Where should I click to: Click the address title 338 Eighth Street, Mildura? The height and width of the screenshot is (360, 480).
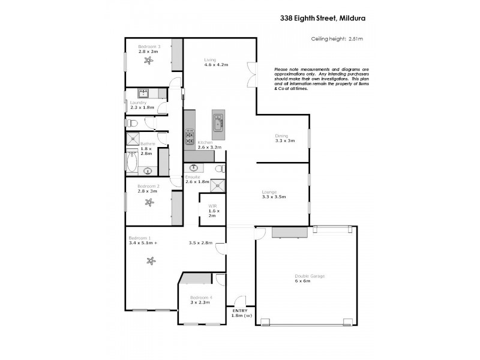click(322, 18)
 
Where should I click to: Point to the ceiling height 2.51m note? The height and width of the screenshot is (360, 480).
click(337, 39)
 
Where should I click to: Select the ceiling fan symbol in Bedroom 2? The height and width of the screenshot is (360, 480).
click(148, 202)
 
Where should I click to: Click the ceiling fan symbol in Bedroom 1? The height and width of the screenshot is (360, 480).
click(151, 260)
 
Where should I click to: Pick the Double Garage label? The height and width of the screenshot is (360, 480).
click(309, 275)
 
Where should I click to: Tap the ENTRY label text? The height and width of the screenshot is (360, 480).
click(239, 310)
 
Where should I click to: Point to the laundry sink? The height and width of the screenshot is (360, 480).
click(144, 93)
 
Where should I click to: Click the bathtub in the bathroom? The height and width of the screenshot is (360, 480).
click(132, 163)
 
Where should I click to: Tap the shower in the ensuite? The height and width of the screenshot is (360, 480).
click(217, 185)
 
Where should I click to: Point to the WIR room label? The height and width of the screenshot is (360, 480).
click(213, 206)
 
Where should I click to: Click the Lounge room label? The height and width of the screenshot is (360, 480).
click(269, 192)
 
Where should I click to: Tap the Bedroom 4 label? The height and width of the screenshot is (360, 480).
click(200, 298)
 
